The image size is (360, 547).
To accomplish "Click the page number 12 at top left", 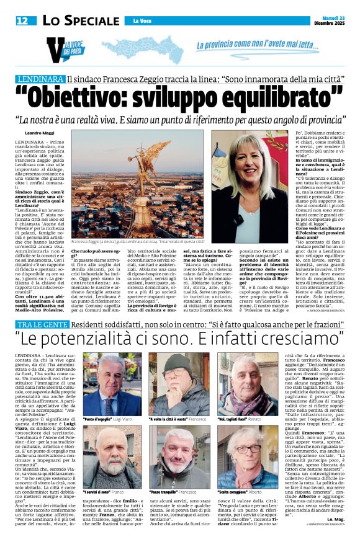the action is pos(22,20).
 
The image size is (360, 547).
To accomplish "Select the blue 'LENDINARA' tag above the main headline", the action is pos(39,79).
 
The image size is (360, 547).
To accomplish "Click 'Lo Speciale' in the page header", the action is pos(80,20).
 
